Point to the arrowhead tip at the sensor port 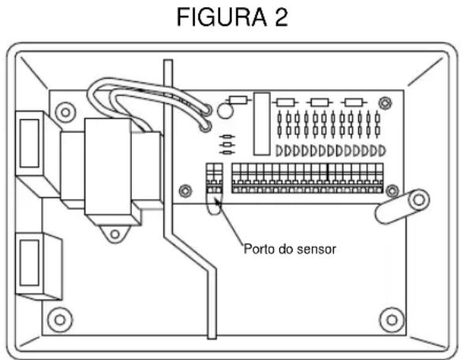[215, 202]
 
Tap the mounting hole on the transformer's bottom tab [115, 234]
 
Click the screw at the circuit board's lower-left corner [185, 190]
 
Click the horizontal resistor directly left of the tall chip [238, 100]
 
